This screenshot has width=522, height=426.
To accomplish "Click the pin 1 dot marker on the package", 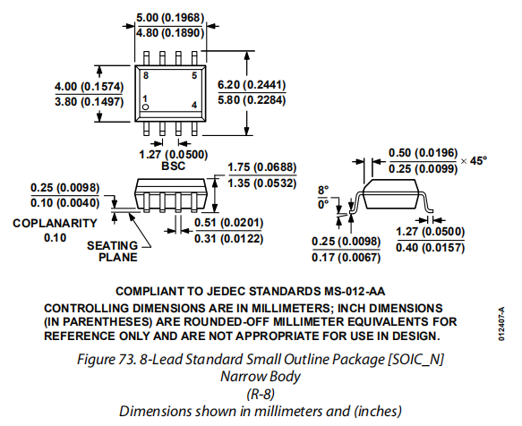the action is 145,106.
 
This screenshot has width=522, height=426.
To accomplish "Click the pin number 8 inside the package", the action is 146,75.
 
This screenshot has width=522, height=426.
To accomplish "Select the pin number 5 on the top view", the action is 194,75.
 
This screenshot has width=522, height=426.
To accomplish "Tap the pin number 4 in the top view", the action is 194,105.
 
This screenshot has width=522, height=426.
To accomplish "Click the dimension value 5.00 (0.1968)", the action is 170,18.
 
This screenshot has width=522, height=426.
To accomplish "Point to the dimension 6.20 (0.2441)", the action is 252,85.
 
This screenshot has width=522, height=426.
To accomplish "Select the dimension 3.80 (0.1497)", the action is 90,101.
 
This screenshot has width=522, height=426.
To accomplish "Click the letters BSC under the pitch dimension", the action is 173,166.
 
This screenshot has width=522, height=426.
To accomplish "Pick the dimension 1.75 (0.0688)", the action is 262,167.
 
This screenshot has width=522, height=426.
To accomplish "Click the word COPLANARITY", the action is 55,223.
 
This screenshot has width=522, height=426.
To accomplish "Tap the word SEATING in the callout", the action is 112,245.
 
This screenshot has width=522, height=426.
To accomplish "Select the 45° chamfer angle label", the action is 478,161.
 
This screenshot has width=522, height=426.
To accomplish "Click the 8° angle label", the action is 323,191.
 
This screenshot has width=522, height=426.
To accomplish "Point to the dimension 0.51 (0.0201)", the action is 228,223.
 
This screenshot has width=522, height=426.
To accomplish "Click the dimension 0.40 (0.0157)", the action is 430,248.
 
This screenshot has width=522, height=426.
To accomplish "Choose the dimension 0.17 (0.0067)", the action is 346,257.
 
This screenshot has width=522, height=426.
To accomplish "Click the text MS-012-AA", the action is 355,292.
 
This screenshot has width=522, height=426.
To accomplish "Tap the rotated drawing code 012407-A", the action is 501,324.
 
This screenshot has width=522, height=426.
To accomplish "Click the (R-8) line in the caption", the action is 261,395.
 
